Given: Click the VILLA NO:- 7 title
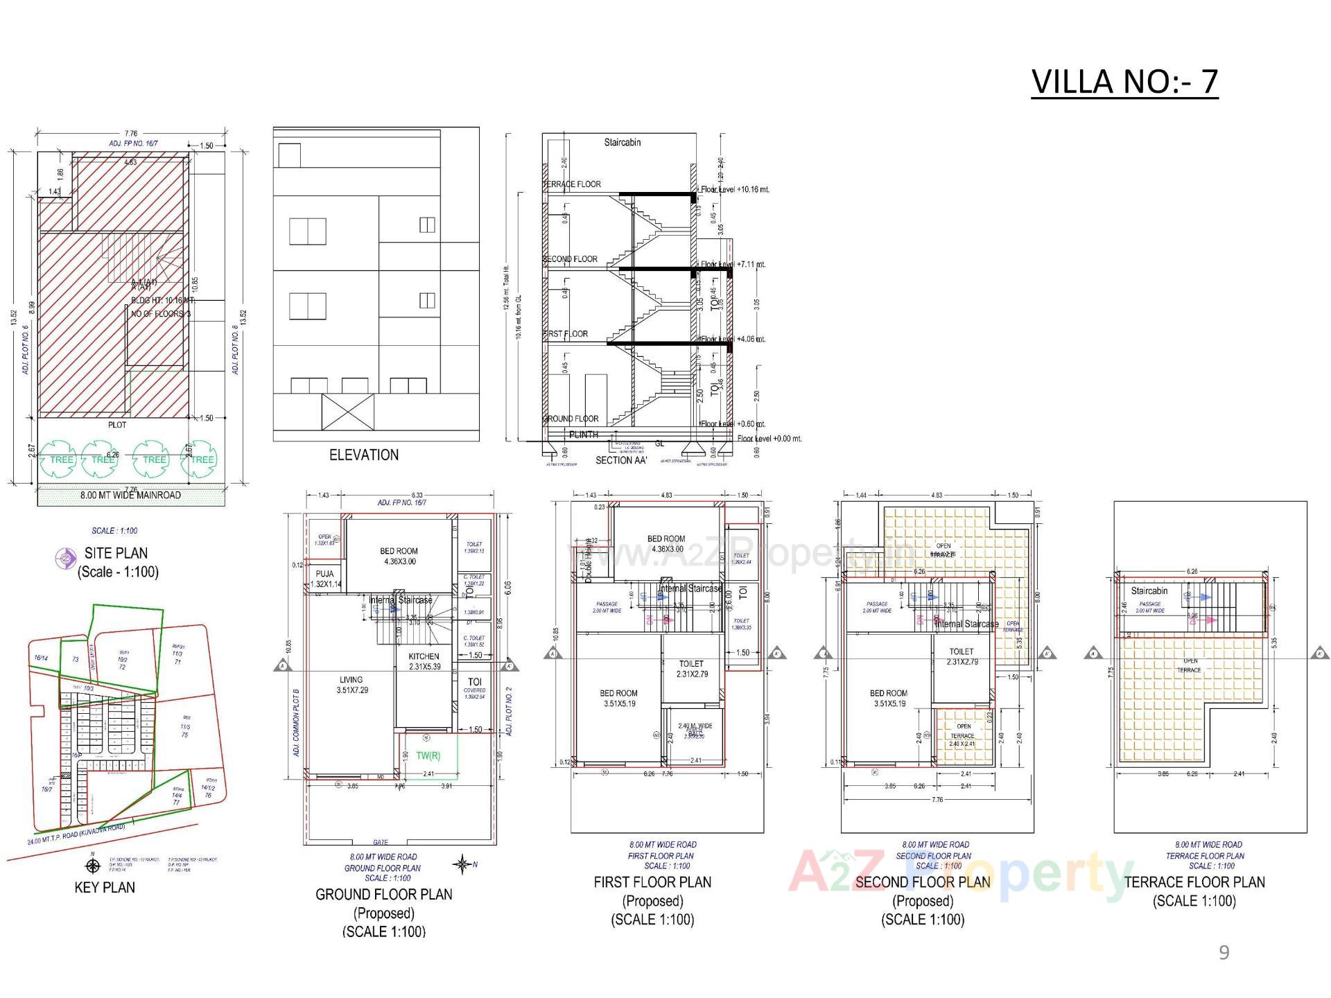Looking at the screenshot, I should pyautogui.click(x=1124, y=82).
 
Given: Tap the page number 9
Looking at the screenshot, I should pyautogui.click(x=1224, y=953).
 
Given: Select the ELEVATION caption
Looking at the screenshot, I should pyautogui.click(x=363, y=455).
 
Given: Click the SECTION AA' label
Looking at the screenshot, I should pyautogui.click(x=620, y=460).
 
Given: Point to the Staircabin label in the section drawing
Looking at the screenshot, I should pyautogui.click(x=622, y=143).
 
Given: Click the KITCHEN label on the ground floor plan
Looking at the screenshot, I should pyautogui.click(x=423, y=656).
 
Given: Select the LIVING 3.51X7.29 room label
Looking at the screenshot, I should pyautogui.click(x=351, y=685).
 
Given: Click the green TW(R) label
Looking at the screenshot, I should pyautogui.click(x=428, y=755).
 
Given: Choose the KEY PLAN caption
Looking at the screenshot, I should pyautogui.click(x=105, y=888).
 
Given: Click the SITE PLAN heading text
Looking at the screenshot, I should pyautogui.click(x=116, y=553).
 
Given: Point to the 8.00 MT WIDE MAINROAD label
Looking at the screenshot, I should pyautogui.click(x=130, y=496).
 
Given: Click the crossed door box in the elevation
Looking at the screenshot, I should pyautogui.click(x=349, y=412).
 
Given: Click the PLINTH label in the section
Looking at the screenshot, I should pyautogui.click(x=583, y=435).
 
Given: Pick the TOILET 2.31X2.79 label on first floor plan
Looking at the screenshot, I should pyautogui.click(x=690, y=669).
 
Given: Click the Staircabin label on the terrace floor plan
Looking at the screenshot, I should pyautogui.click(x=1149, y=591).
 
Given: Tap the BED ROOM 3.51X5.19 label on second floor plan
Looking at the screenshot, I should pyautogui.click(x=888, y=698).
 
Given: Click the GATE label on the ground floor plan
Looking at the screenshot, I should pyautogui.click(x=381, y=842).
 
